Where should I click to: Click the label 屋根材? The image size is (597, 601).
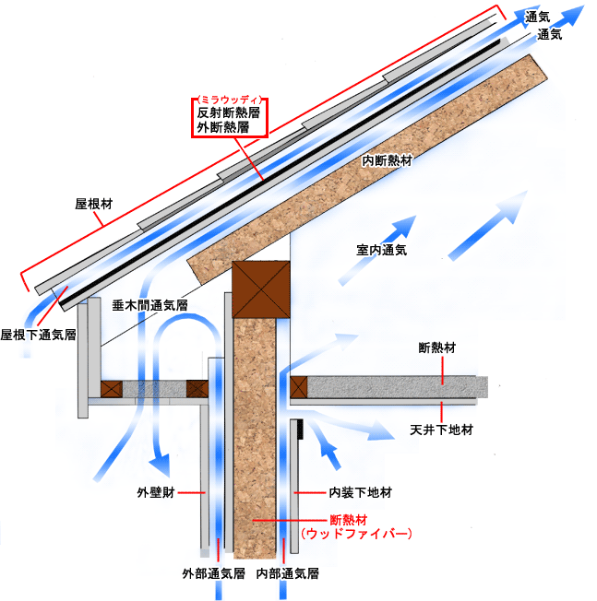[93, 204]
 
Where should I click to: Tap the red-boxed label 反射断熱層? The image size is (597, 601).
[228, 112]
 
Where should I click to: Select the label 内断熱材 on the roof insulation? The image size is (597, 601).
[388, 160]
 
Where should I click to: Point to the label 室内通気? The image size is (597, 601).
[381, 250]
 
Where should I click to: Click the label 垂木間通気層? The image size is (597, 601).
[150, 305]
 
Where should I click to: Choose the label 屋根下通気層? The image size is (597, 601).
[38, 335]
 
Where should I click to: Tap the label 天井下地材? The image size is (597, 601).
[441, 430]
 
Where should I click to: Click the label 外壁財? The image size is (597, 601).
[156, 492]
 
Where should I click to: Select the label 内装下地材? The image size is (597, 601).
[360, 492]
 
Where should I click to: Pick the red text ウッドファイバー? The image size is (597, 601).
[356, 534]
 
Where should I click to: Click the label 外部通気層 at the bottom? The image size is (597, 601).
[213, 573]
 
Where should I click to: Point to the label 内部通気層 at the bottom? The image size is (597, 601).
[287, 573]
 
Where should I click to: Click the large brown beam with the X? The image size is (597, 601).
[261, 289]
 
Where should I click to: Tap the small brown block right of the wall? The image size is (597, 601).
[299, 387]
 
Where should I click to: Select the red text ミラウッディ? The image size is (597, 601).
[230, 100]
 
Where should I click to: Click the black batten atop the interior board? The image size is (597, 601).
[300, 429]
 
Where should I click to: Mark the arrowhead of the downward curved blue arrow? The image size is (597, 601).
[160, 465]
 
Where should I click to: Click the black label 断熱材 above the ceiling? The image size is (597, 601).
[437, 348]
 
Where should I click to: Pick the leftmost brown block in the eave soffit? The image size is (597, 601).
[112, 389]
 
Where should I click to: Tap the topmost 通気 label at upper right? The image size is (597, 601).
[537, 17]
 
